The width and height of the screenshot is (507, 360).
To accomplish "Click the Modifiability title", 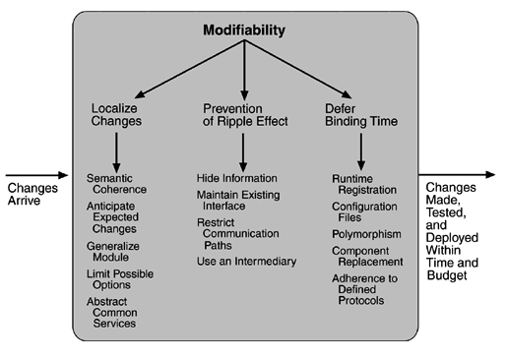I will tap(244, 30).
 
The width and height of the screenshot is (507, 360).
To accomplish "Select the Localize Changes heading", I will tap(116, 113).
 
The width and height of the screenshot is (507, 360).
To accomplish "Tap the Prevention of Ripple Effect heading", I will tap(244, 113).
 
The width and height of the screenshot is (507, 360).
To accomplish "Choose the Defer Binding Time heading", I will tap(362, 113).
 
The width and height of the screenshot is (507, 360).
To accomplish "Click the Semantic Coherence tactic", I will tap(116, 183).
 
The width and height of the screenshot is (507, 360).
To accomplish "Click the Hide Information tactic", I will tap(236, 177).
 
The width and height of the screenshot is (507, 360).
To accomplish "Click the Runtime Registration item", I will tap(364, 183).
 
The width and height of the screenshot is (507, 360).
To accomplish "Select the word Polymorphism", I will tap(365, 237).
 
